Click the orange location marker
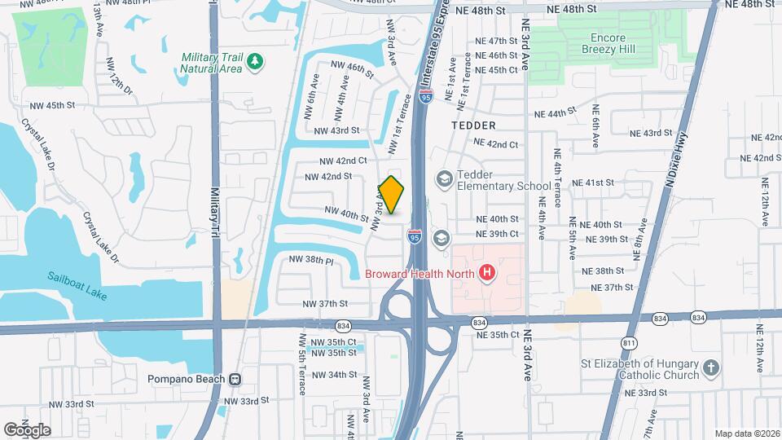(392, 195)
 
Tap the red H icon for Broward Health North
(487, 272)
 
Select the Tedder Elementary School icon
(445, 178)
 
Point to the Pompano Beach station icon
(235, 379)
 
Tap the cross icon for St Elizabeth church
(711, 367)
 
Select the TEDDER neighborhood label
(473, 125)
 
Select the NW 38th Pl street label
(312, 261)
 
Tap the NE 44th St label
(568, 114)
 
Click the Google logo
(27, 430)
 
